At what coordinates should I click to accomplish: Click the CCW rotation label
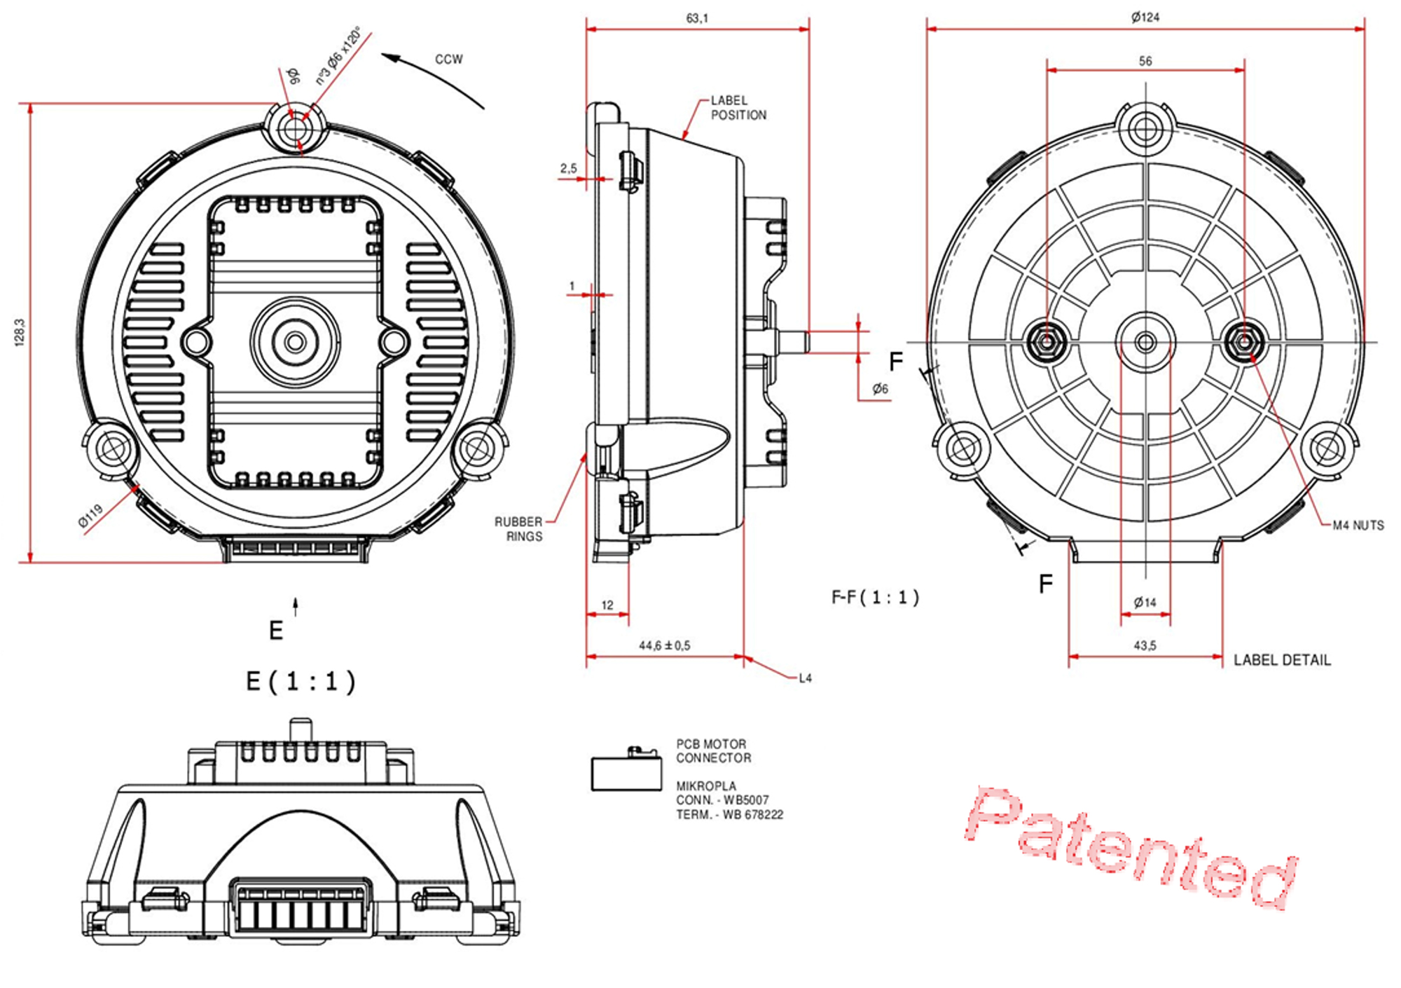(x=448, y=60)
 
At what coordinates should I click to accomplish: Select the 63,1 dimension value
(x=697, y=18)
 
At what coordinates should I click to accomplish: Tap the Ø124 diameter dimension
(x=1145, y=18)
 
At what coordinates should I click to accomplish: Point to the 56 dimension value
(x=1145, y=62)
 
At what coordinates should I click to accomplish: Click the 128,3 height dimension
(x=20, y=332)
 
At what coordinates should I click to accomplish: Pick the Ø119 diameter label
(x=90, y=516)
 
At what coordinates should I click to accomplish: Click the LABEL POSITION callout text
(x=738, y=108)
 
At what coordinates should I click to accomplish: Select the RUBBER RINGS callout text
(x=519, y=529)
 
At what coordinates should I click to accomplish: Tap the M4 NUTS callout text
(x=1358, y=526)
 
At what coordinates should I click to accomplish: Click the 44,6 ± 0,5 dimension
(x=664, y=645)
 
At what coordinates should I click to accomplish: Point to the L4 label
(x=806, y=678)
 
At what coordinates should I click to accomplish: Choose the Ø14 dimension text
(x=1145, y=603)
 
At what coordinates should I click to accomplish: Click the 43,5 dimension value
(x=1145, y=645)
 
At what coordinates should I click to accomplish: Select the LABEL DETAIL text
(x=1282, y=660)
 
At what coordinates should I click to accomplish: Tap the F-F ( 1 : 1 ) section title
(x=875, y=598)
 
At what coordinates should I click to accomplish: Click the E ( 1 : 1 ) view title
(x=301, y=681)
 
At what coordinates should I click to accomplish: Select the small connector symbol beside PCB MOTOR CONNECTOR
(x=626, y=771)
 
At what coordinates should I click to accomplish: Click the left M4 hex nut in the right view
(x=1046, y=343)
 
